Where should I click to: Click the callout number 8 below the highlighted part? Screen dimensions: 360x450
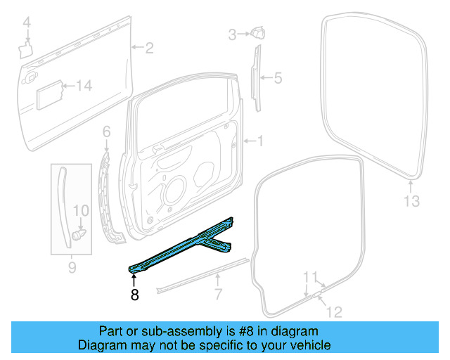[134, 295]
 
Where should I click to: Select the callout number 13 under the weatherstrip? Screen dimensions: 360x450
[411, 202]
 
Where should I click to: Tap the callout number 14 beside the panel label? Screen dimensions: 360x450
[84, 86]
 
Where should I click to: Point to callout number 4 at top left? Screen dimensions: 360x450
[27, 25]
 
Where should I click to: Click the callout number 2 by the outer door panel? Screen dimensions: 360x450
[149, 48]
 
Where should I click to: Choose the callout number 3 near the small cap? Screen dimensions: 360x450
[232, 33]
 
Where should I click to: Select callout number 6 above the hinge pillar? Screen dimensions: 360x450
[107, 131]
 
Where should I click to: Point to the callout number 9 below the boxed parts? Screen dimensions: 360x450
[72, 268]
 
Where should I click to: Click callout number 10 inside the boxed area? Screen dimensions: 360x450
[82, 210]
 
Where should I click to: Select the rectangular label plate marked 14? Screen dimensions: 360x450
[50, 93]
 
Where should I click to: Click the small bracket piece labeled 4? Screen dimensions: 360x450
[27, 47]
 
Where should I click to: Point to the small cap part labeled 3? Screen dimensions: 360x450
[257, 32]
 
